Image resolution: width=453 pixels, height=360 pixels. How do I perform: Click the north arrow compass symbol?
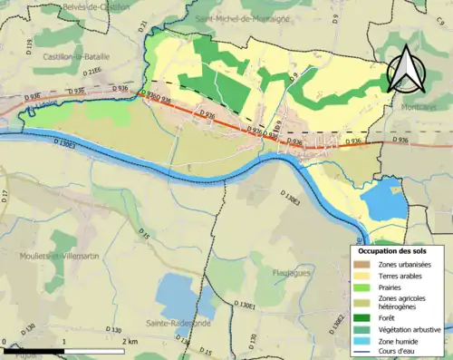point(407,69)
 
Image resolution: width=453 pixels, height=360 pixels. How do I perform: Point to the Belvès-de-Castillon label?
point(92,6)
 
